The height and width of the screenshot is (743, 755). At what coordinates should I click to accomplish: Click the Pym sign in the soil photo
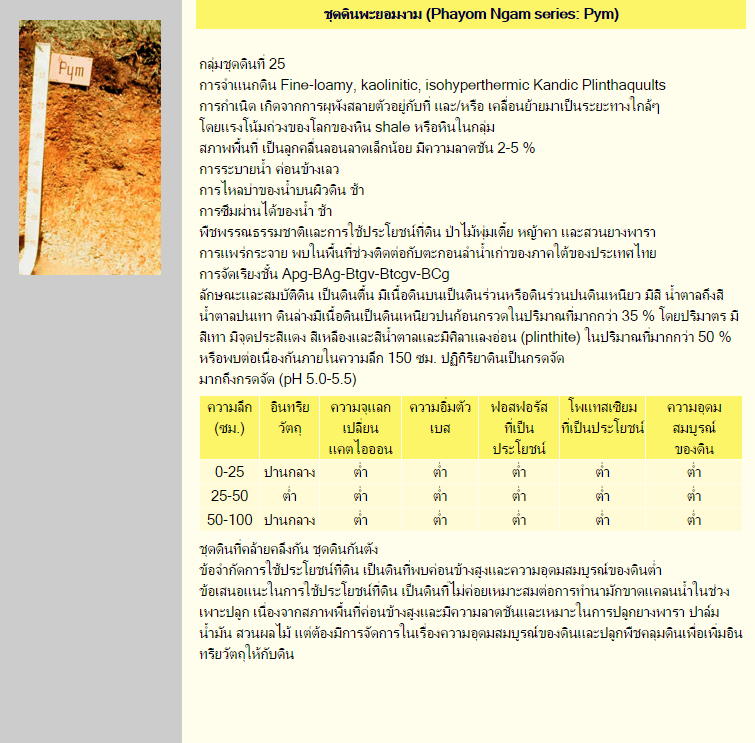71,69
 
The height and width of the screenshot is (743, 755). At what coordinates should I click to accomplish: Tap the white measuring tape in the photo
41,180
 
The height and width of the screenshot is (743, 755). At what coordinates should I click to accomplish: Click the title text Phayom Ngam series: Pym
472,14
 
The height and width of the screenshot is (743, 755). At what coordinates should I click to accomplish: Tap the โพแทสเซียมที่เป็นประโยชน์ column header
602,418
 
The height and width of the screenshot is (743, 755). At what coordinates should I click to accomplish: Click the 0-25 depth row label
229,470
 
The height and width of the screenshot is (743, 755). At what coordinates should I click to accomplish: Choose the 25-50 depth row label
229,495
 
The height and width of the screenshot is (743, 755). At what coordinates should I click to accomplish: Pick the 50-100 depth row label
229,519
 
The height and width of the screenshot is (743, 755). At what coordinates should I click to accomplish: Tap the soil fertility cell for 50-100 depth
694,519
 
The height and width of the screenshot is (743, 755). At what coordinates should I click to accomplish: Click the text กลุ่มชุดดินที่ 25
243,64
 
